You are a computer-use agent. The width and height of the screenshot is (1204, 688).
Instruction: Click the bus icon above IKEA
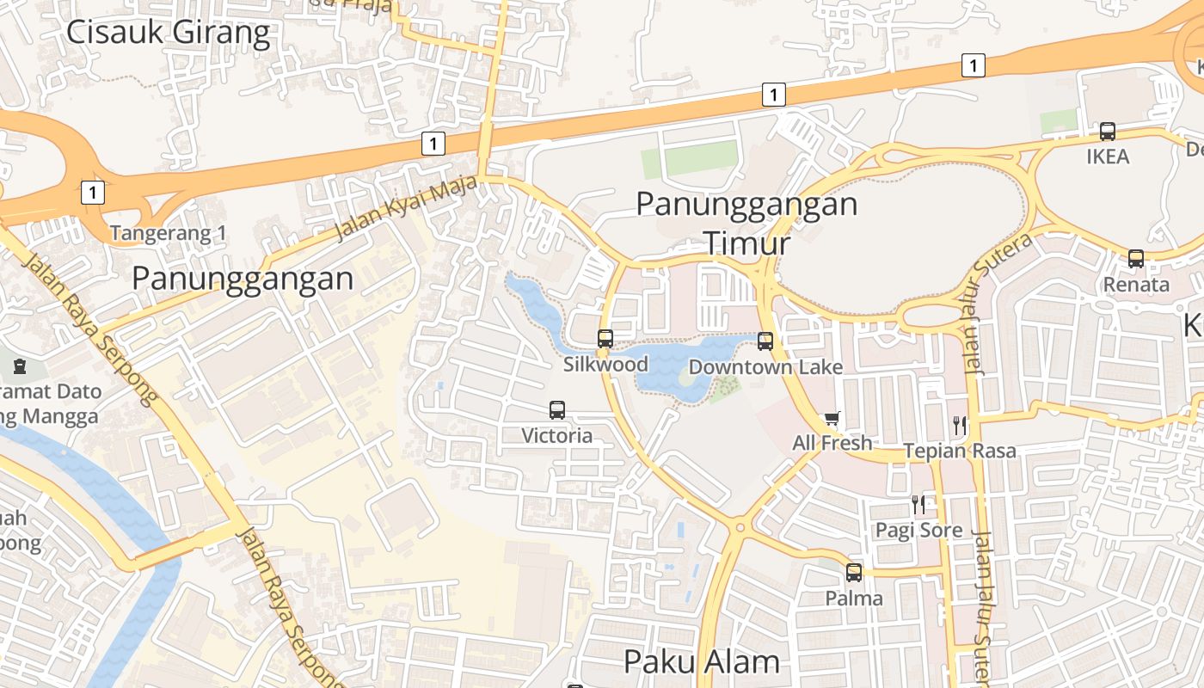click(1108, 132)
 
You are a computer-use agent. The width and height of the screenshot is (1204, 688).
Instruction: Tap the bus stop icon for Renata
click(1136, 259)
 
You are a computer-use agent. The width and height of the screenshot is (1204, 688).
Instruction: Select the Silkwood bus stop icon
click(605, 339)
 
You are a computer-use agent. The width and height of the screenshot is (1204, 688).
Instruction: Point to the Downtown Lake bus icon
click(765, 341)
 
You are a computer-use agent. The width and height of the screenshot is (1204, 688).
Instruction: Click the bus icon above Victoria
click(557, 410)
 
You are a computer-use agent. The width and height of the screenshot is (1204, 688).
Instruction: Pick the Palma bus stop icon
click(854, 572)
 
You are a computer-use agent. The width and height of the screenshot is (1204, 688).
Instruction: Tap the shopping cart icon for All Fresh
click(832, 419)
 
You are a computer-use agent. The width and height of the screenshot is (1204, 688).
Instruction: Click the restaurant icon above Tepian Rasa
click(960, 425)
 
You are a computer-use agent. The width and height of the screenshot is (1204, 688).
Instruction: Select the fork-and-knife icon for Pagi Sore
click(918, 504)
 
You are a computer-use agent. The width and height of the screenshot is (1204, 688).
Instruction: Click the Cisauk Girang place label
click(168, 33)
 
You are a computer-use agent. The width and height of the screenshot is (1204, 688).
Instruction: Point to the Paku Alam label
click(701, 661)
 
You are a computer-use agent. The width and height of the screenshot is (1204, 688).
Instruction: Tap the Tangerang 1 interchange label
click(168, 233)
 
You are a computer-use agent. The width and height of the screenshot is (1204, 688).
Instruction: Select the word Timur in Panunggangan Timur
click(746, 243)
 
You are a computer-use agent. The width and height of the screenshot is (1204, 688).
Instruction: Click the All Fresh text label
click(832, 443)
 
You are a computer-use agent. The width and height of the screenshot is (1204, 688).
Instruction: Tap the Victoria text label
click(557, 435)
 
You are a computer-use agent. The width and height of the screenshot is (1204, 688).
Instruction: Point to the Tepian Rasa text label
click(959, 451)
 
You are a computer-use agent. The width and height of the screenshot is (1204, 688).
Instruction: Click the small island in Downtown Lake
click(688, 377)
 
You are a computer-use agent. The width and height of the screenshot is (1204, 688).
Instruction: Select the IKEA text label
click(1108, 157)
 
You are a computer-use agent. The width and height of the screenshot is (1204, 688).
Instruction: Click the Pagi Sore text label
click(918, 530)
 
